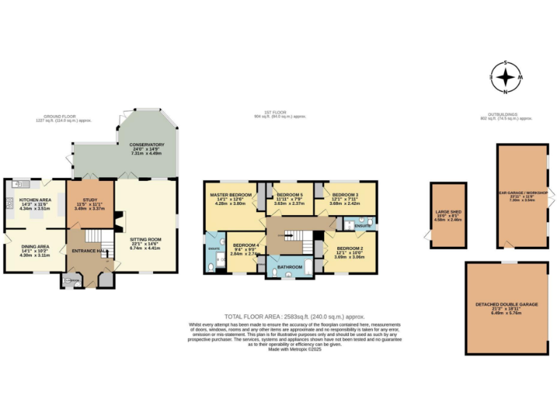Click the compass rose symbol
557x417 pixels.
[507, 77]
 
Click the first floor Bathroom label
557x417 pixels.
[289, 268]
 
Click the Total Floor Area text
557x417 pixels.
[293, 318]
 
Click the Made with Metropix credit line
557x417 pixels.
[294, 349]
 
